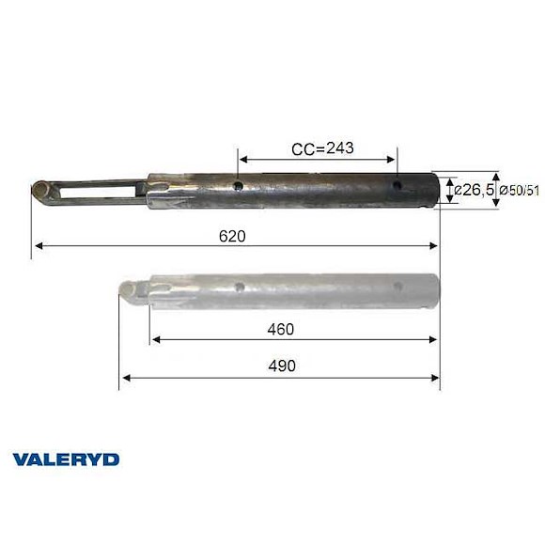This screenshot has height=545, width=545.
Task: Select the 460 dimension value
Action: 280,329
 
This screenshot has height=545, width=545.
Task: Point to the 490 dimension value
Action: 280,366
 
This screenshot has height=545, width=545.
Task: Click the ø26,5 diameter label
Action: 474,191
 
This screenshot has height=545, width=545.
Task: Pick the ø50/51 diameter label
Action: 519,191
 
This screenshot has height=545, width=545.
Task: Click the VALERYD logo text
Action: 65,459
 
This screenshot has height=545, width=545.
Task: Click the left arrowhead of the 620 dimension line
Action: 39,247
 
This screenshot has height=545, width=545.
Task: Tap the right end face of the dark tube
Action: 436,186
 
